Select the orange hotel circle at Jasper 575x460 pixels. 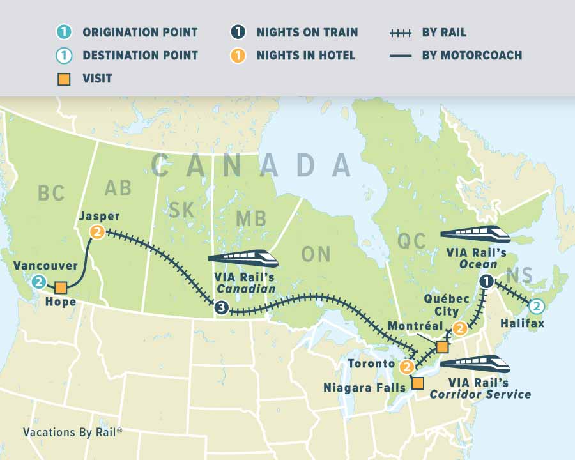[97, 232]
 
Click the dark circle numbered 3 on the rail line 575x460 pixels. [221, 308]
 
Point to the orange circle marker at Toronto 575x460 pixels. [407, 367]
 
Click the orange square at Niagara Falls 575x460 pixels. [417, 383]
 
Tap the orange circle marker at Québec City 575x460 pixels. [459, 328]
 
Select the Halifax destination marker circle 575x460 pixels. [537, 306]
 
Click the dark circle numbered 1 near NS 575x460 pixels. [487, 281]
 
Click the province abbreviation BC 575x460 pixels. [51, 193]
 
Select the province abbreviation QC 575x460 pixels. [411, 241]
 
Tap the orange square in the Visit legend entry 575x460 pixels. [64, 79]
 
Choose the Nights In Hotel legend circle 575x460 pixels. [238, 56]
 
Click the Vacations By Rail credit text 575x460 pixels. [72, 432]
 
